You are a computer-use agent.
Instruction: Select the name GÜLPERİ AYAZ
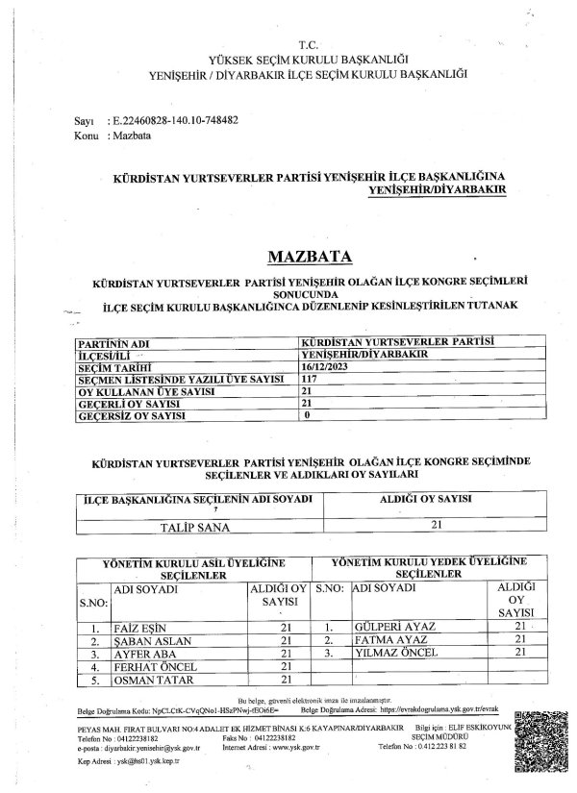(x=394, y=627)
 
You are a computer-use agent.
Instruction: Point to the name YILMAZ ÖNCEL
(x=395, y=653)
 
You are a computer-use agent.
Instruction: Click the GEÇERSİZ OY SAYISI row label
(x=131, y=418)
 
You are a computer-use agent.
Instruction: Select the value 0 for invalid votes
(x=307, y=418)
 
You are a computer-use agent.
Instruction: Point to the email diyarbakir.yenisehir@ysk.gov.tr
(x=143, y=745)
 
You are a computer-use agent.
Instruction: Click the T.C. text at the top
(x=307, y=45)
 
